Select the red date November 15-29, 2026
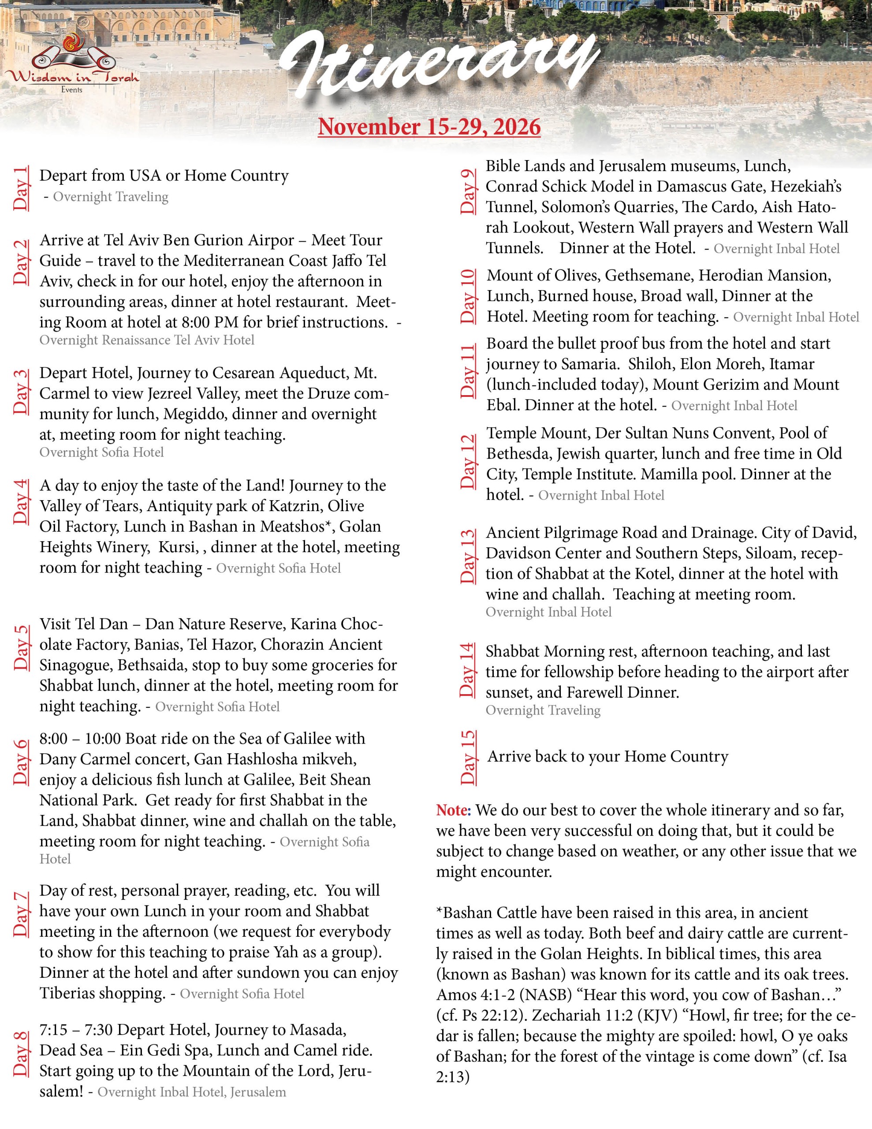[x=429, y=127]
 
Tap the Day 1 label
[x=21, y=188]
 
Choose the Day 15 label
[x=467, y=757]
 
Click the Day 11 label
[x=467, y=371]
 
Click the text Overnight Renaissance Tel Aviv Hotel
[x=147, y=340]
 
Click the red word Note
[x=452, y=810]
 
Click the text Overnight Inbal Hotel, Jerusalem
[x=191, y=1092]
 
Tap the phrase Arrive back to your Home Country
[x=608, y=756]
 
